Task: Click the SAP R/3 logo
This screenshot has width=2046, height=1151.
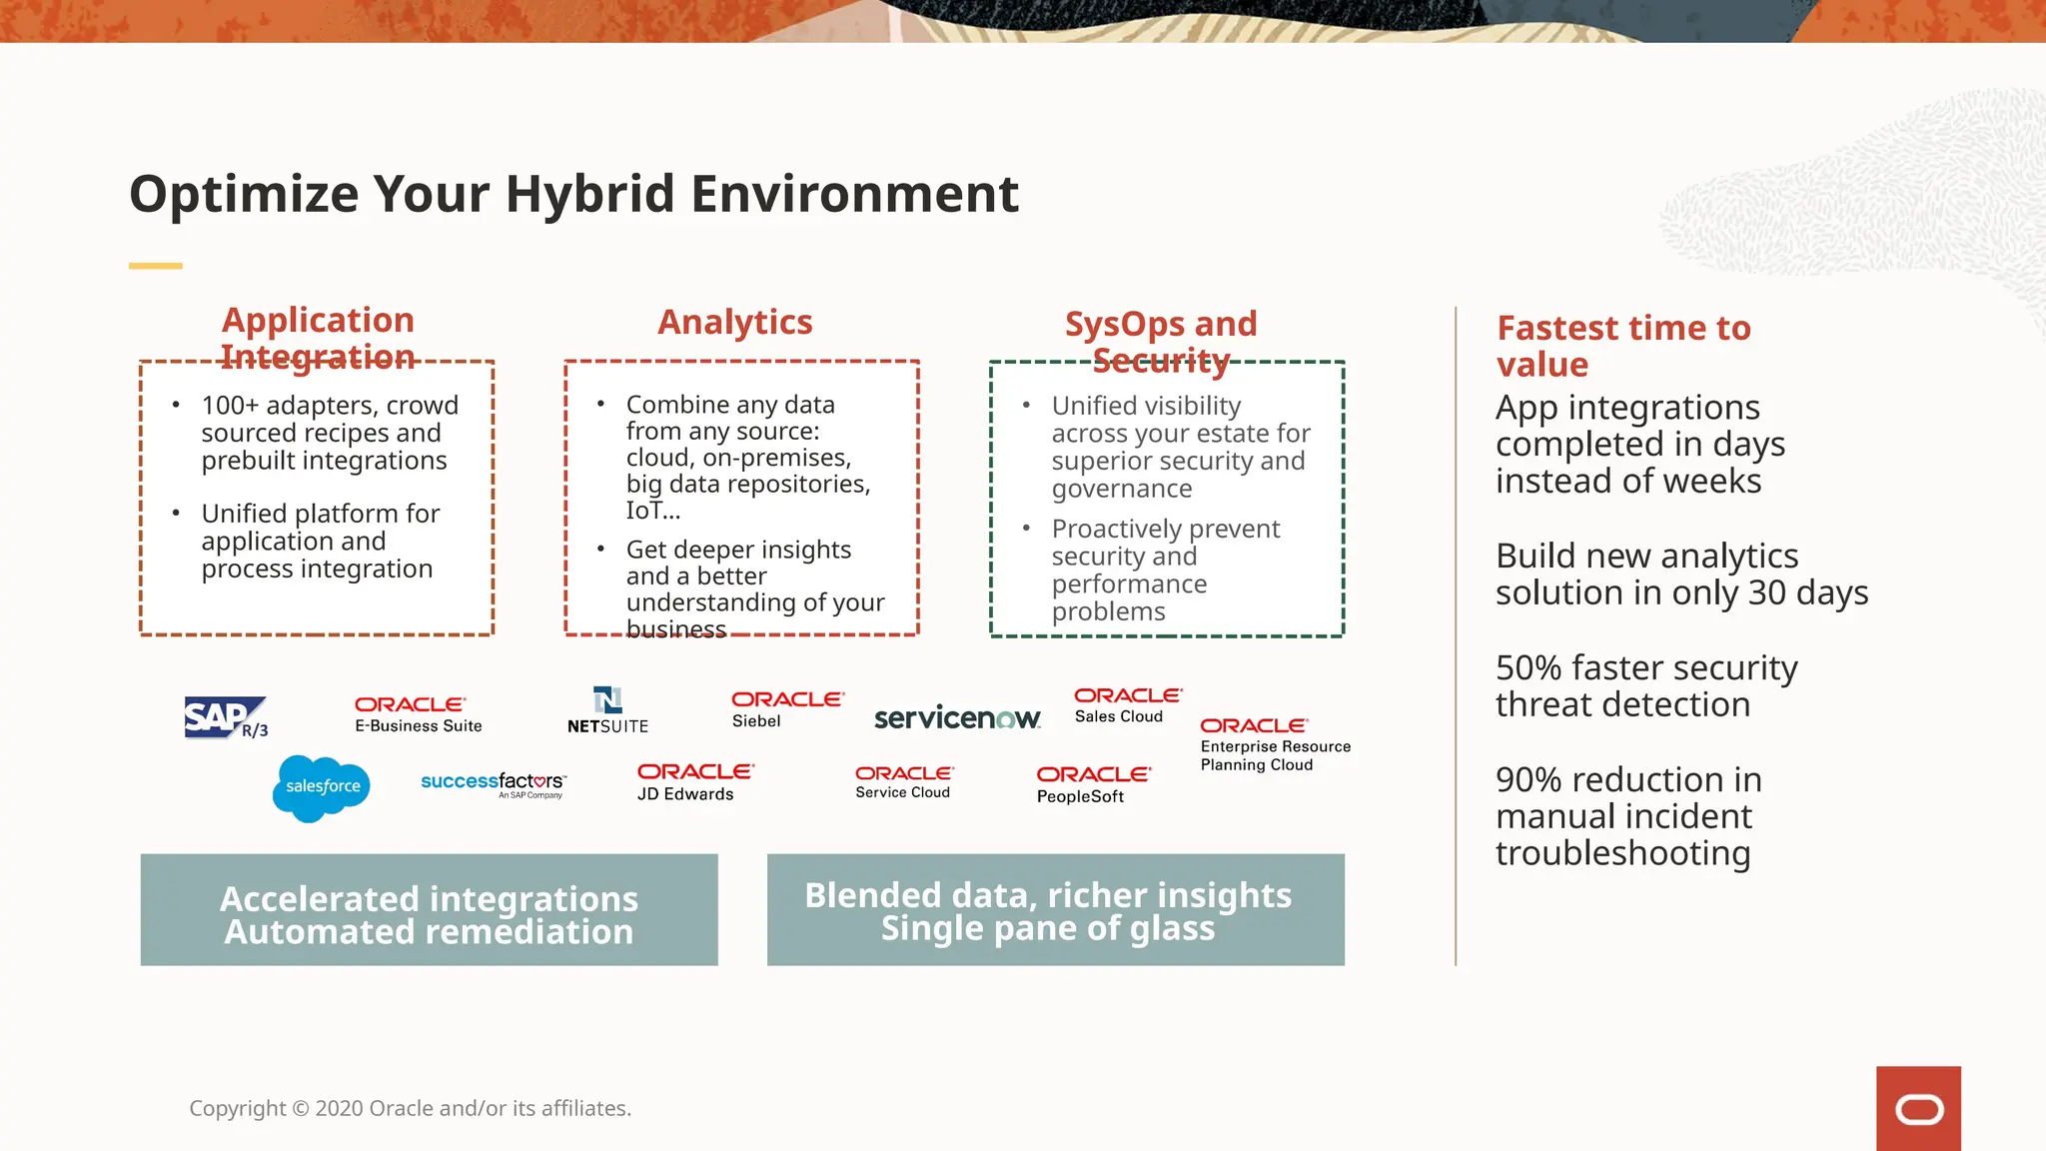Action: coord(226,717)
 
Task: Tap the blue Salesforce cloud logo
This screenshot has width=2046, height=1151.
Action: coord(321,788)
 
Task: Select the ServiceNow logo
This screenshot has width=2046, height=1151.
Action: coord(957,717)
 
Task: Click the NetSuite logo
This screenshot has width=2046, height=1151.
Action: coord(607,710)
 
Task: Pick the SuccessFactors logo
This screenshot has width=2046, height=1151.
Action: coord(494,784)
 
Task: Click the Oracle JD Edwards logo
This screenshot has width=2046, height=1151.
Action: coord(694,782)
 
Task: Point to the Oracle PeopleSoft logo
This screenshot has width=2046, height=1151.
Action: coord(1093,784)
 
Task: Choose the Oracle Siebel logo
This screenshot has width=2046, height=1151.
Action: coord(786,709)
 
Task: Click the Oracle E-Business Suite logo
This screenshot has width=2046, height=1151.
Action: coord(418,714)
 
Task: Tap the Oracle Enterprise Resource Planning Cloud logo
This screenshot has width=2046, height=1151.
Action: coord(1275,744)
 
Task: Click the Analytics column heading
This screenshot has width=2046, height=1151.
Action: coord(734,322)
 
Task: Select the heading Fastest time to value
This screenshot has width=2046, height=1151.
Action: coord(1622,346)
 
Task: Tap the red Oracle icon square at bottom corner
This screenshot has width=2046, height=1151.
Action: coord(1918,1108)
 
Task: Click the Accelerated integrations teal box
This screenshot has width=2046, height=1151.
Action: coord(429,909)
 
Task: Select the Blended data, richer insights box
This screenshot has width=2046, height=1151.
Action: coord(1055,909)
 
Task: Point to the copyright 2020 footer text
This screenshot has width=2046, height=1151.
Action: coord(410,1108)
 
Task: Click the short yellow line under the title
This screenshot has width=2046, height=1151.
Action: coord(155,266)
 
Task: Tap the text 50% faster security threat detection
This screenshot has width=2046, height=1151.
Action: coord(1645,685)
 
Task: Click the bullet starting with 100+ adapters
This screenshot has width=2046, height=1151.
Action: coord(329,433)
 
